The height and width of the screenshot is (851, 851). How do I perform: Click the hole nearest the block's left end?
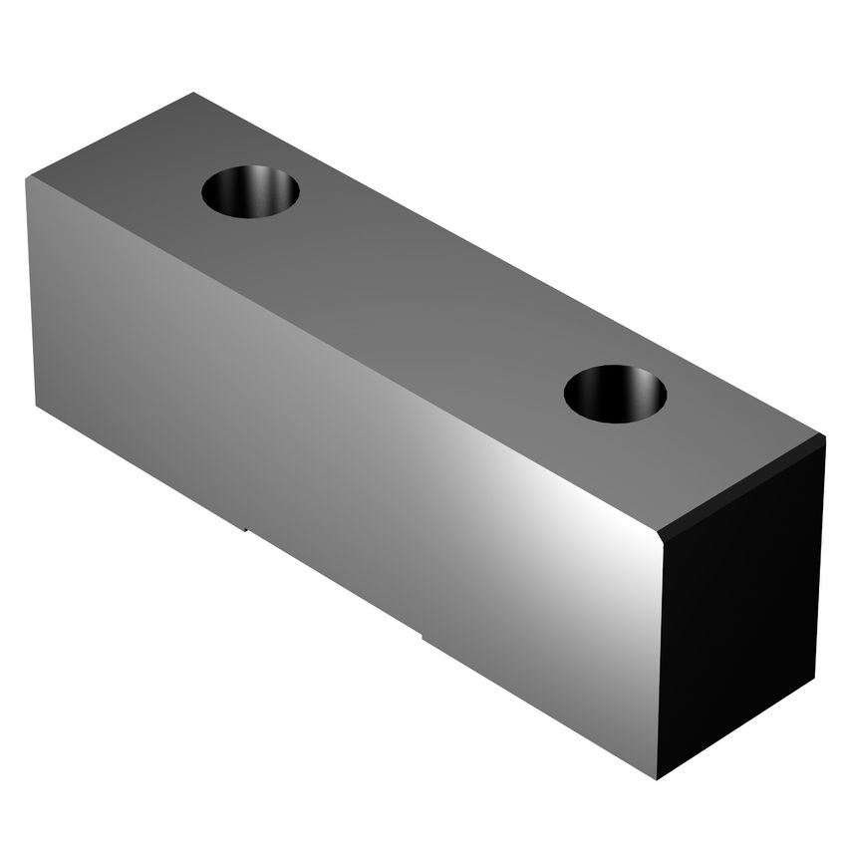click(x=250, y=191)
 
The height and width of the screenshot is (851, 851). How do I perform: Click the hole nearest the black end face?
click(x=615, y=394)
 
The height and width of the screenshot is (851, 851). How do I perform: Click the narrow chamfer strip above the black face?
click(x=742, y=488)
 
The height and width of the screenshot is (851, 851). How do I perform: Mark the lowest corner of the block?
click(x=657, y=778)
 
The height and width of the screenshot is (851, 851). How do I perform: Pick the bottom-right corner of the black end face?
click(x=814, y=679)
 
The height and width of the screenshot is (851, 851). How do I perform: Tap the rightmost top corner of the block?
click(x=824, y=438)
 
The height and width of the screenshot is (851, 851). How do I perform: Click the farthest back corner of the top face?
click(x=192, y=94)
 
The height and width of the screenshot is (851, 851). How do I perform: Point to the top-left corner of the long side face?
click(x=27, y=179)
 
